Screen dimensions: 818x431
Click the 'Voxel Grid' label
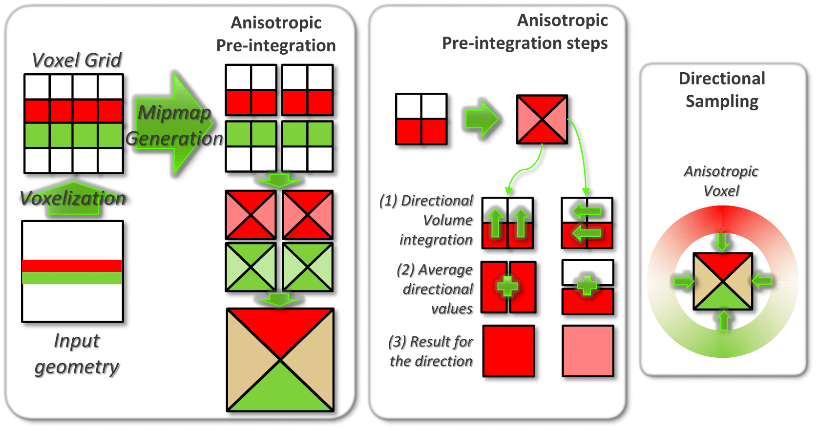tap(77, 60)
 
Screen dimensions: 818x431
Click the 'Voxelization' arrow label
tap(73, 198)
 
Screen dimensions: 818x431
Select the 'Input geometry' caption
tap(77, 353)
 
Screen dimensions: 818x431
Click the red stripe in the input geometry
tap(72, 266)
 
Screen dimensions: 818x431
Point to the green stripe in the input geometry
tap(72, 278)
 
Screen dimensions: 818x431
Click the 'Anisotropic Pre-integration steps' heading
tap(525, 32)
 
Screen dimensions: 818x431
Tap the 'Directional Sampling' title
tap(722, 90)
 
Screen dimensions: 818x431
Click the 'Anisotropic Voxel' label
tap(721, 181)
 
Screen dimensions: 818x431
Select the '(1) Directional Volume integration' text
tap(426, 220)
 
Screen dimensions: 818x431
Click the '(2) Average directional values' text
tap(435, 289)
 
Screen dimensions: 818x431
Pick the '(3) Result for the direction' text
tap(431, 351)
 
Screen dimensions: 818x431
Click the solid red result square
tap(508, 351)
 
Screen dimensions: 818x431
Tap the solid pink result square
tap(588, 351)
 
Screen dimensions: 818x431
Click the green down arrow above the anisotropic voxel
tap(722, 241)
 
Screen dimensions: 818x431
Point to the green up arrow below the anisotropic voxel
tap(723, 320)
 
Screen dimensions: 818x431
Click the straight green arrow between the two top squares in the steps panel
tap(482, 119)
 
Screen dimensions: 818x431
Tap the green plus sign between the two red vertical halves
tap(508, 287)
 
